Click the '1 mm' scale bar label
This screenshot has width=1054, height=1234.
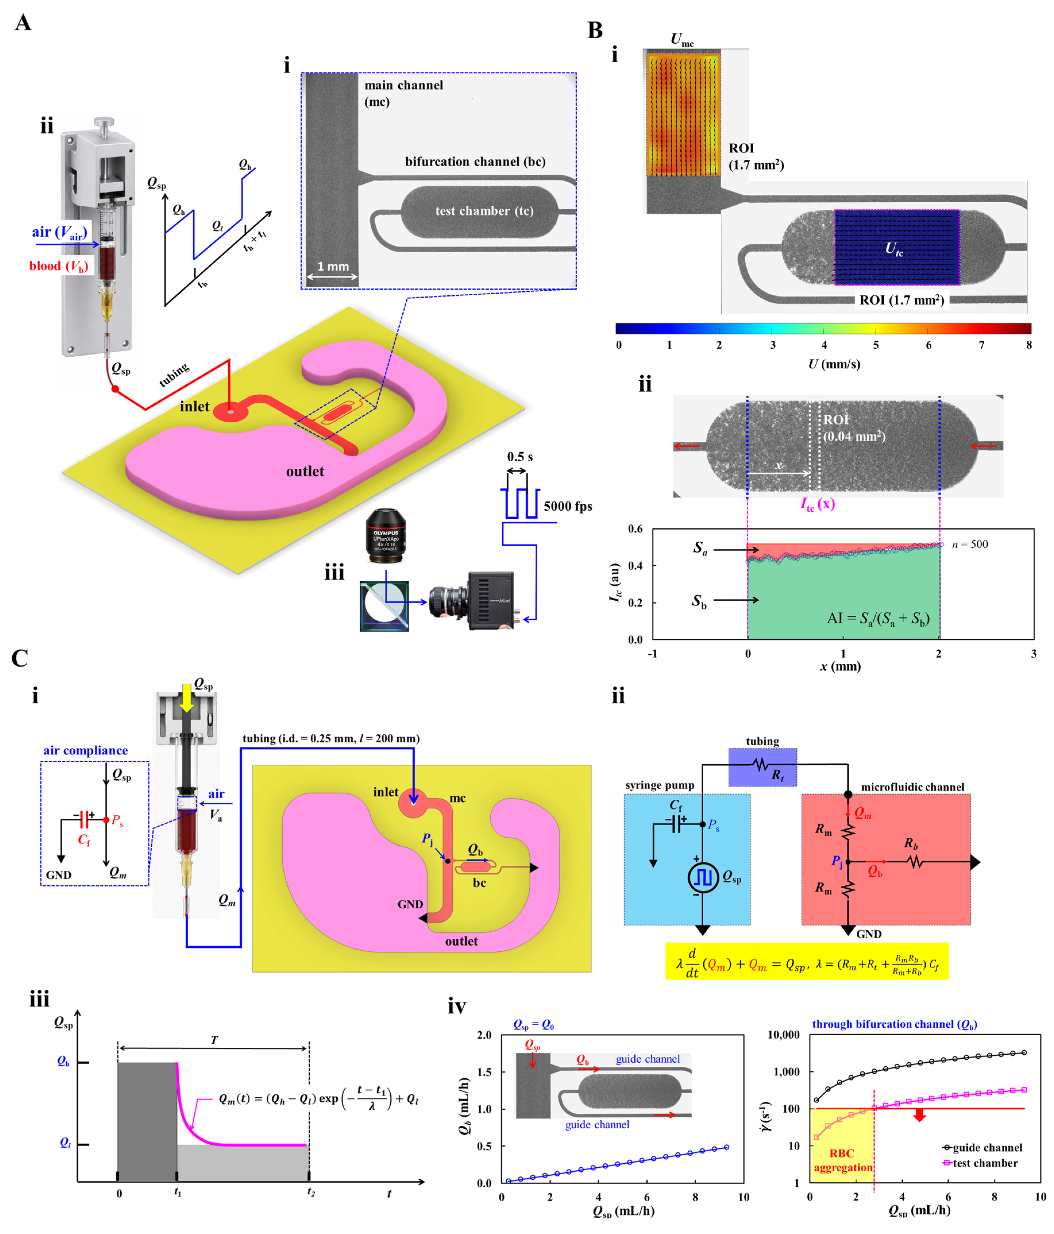click(x=333, y=266)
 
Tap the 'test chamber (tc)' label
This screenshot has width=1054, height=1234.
click(x=484, y=211)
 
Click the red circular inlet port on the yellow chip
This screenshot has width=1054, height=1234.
click(x=231, y=410)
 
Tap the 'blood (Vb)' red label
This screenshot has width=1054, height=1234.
click(x=58, y=266)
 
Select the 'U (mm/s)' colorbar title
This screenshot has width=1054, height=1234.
click(x=833, y=364)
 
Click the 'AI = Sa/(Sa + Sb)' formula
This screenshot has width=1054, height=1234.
click(x=878, y=618)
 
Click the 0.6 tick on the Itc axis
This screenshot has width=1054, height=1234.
click(x=635, y=529)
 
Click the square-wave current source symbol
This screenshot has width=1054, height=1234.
click(x=703, y=877)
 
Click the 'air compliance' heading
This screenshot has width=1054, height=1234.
click(x=85, y=750)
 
